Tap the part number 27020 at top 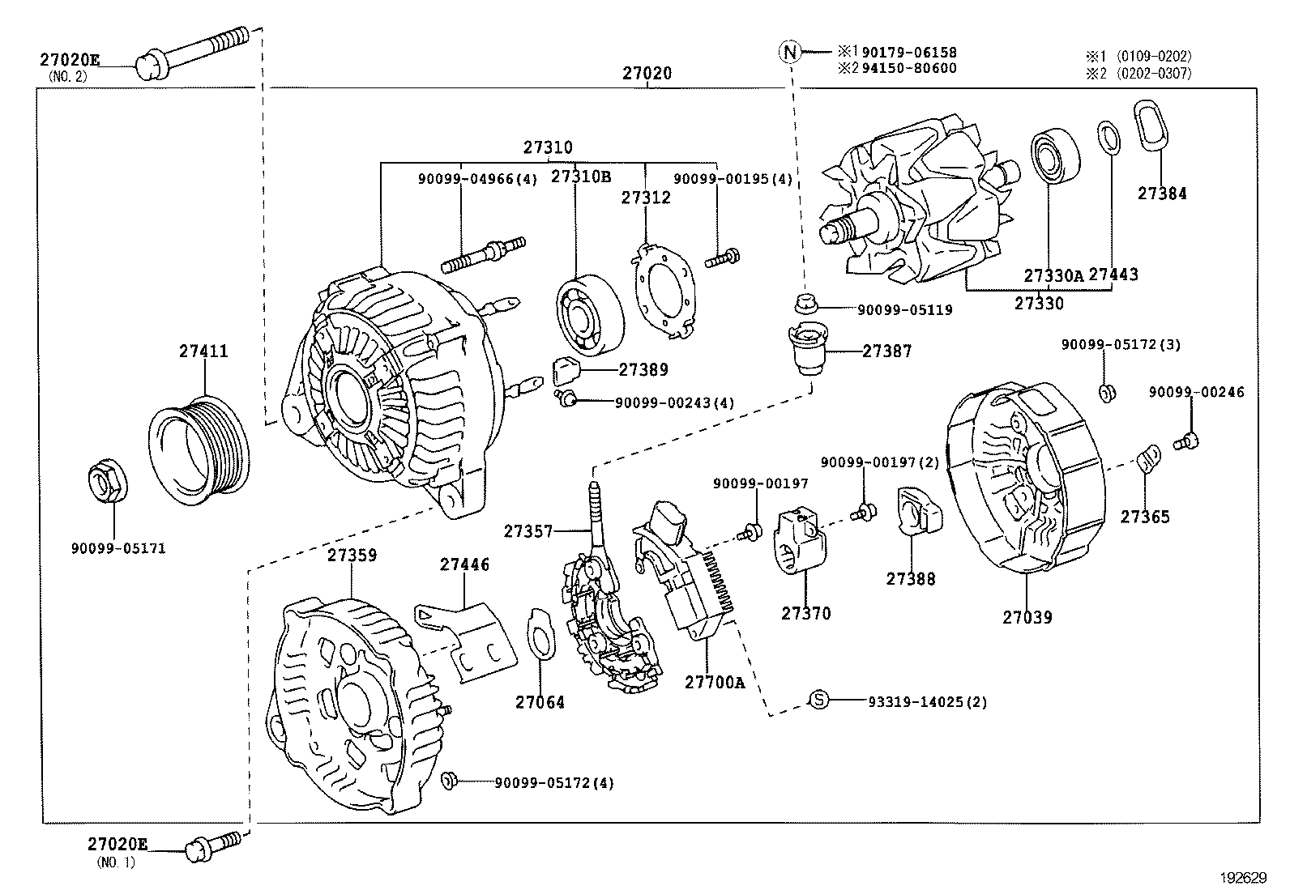pos(647,73)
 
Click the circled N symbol pos(789,52)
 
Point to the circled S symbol pos(819,701)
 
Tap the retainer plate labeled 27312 pos(662,288)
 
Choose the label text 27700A pos(714,682)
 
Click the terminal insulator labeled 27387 pos(806,348)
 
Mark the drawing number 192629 pos(1245,877)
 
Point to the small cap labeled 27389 pos(568,371)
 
